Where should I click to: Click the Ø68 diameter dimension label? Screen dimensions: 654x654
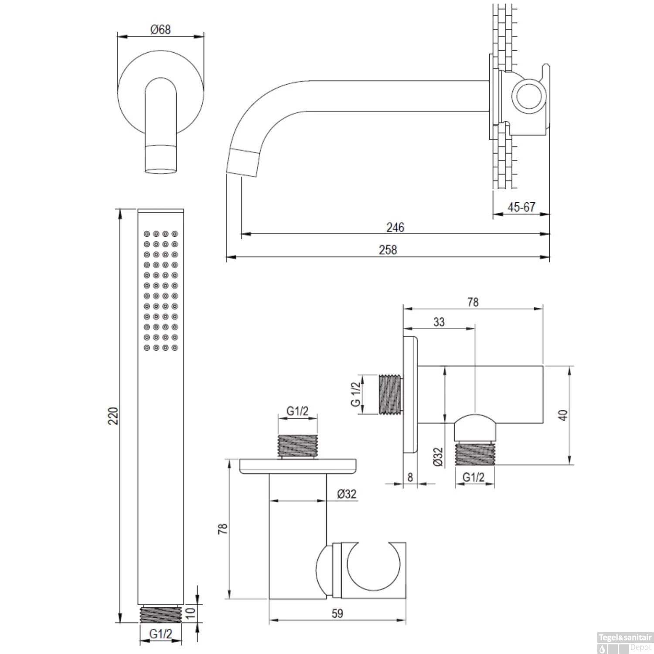pyautogui.click(x=160, y=30)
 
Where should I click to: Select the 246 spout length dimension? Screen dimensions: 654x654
pyautogui.click(x=395, y=227)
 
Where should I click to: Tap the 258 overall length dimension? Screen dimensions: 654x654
pyautogui.click(x=388, y=249)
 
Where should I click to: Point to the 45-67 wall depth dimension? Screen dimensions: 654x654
pyautogui.click(x=521, y=207)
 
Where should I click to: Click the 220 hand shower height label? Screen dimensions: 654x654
pyautogui.click(x=113, y=416)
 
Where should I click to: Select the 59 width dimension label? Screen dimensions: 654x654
pyautogui.click(x=337, y=613)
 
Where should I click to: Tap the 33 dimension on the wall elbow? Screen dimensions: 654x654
pyautogui.click(x=439, y=322)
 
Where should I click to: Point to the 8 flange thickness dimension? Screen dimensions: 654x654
pyautogui.click(x=410, y=477)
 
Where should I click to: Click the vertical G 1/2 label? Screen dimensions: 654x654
pyautogui.click(x=356, y=394)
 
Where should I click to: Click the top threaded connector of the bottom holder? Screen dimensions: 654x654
pyautogui.click(x=298, y=446)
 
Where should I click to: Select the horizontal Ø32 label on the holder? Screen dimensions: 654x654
pyautogui.click(x=347, y=494)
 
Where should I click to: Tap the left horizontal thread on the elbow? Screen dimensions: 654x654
pyautogui.click(x=390, y=395)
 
